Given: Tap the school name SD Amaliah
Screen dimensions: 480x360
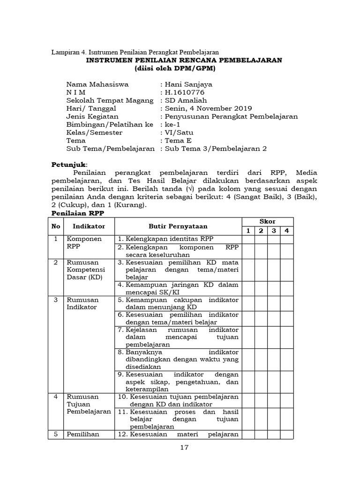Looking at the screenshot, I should coord(185,100).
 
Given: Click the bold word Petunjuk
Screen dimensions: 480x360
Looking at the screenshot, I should coord(68,165).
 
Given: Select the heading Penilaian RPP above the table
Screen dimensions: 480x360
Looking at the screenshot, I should coord(77,213).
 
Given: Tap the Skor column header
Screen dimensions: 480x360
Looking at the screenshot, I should coord(267,221).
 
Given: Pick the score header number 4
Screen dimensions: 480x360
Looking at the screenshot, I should coord(286,231).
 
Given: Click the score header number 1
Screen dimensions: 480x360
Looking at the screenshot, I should coord(248,231).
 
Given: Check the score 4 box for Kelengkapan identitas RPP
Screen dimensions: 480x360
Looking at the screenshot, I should coord(286,239).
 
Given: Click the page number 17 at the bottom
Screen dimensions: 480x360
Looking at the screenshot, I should coord(184,447).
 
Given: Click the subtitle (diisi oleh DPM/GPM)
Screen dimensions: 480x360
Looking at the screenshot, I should coord(174,68).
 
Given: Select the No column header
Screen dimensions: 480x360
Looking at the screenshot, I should coord(56,226).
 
